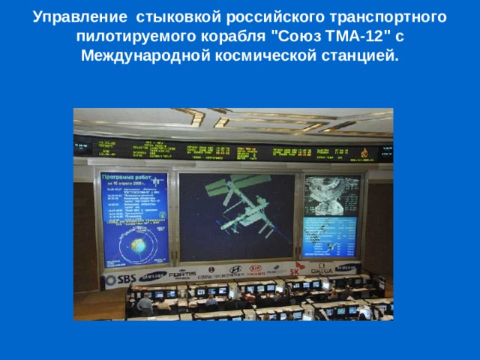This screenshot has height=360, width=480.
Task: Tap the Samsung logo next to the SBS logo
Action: point(154,276)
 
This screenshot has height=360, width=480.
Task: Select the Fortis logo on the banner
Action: point(182,274)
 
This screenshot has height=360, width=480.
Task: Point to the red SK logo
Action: point(295,272)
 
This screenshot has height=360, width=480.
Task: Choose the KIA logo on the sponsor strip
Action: point(256,268)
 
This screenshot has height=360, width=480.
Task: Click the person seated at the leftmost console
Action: point(144,303)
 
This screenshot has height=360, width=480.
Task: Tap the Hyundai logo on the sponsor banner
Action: point(235,269)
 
